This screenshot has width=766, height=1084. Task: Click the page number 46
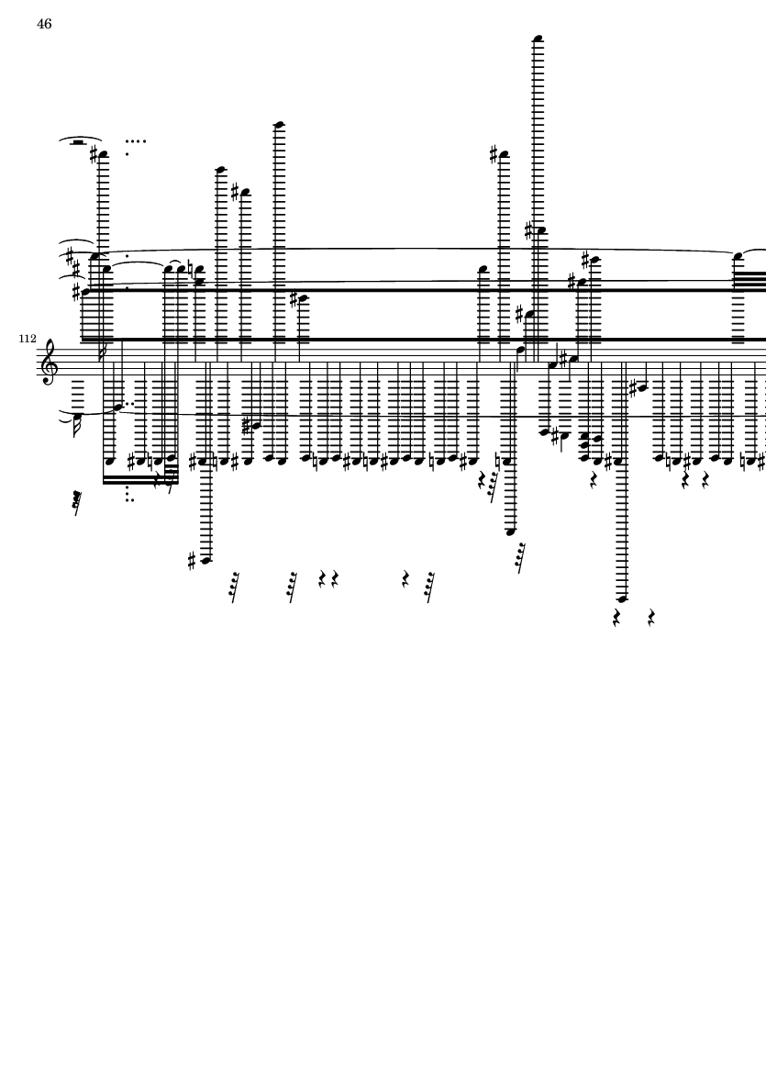(44, 24)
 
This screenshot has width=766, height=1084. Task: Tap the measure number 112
(28, 339)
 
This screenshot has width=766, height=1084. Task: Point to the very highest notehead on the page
(538, 38)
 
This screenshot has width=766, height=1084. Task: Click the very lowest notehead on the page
(622, 598)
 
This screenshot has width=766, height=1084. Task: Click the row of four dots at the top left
(136, 141)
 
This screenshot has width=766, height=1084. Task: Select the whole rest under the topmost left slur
(78, 143)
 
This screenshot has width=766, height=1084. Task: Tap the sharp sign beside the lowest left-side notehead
(193, 561)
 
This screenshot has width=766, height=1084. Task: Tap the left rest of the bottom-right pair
(616, 618)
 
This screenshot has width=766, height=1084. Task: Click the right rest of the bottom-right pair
(651, 618)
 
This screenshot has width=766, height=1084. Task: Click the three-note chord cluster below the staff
(584, 447)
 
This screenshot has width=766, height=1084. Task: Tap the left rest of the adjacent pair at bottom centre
(322, 578)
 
